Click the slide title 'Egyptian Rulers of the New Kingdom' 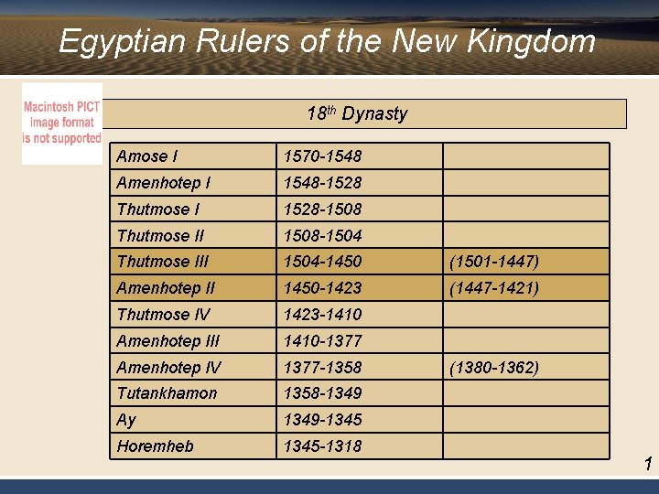[x=327, y=42]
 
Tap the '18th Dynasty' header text [x=357, y=113]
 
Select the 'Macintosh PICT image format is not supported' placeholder [x=62, y=123]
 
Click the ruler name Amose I [x=147, y=156]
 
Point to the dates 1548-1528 [x=322, y=183]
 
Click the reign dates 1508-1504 [x=322, y=236]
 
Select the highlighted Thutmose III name [x=163, y=262]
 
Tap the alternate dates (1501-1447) [x=493, y=262]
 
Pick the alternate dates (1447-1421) [x=493, y=288]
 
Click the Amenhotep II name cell [x=166, y=288]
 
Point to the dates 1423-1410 [x=322, y=315]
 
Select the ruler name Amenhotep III [x=168, y=341]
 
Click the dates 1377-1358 [x=322, y=368]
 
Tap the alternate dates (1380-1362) [x=493, y=368]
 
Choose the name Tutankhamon [x=167, y=393]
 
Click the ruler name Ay [x=126, y=420]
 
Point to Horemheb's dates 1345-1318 [x=322, y=446]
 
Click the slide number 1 [x=648, y=465]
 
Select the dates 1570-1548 [x=322, y=156]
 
